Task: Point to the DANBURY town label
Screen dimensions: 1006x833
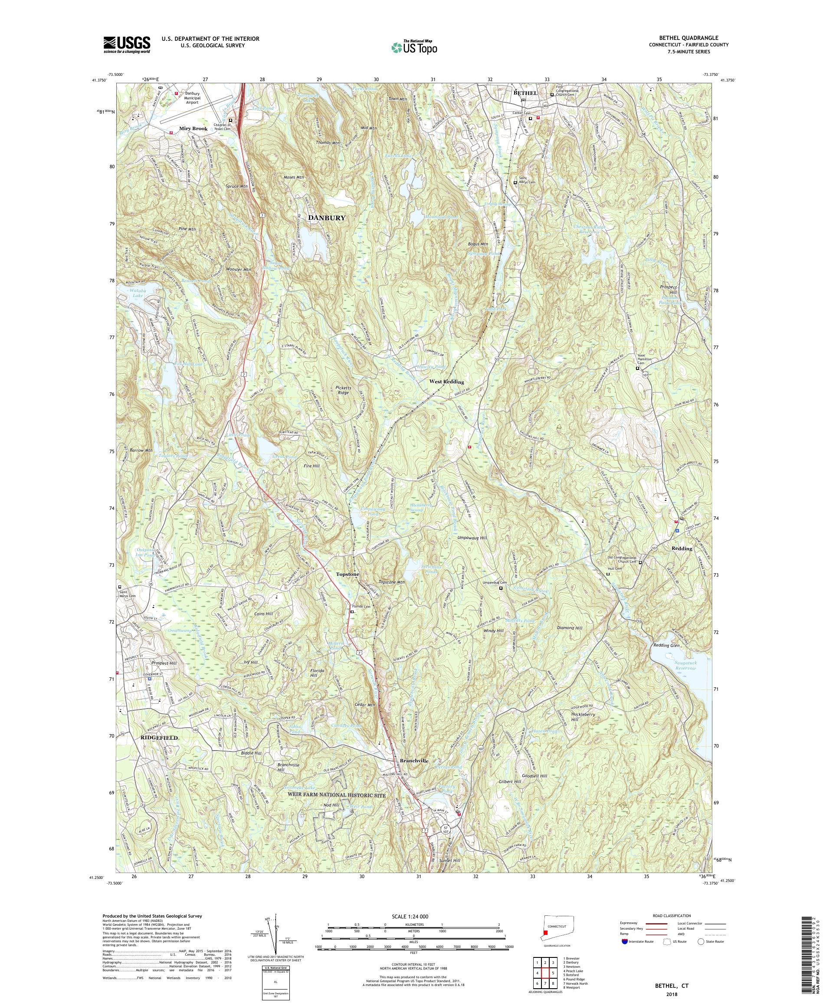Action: [x=326, y=218]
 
